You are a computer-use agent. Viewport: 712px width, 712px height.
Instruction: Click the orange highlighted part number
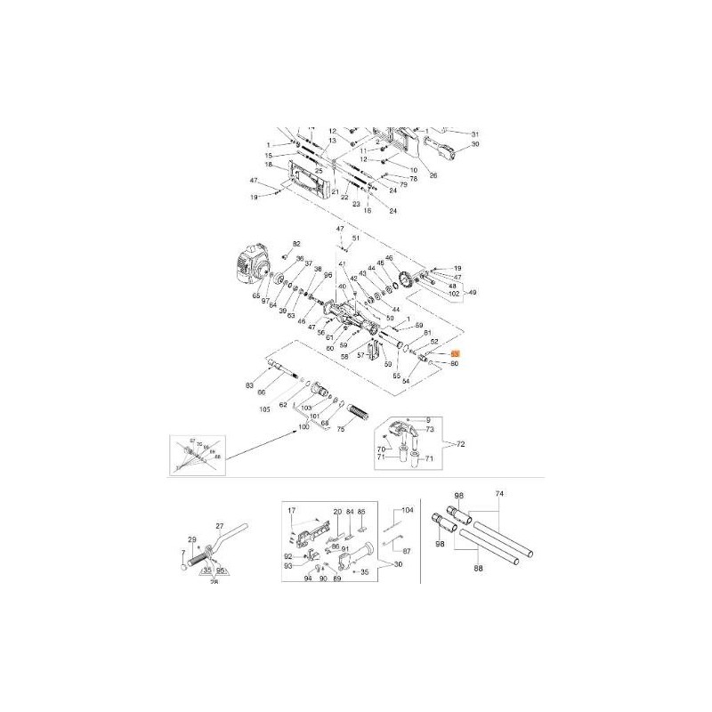coord(455,353)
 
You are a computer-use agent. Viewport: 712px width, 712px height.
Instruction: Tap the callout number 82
coord(297,244)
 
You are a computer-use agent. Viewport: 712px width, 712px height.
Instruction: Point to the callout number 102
coord(453,293)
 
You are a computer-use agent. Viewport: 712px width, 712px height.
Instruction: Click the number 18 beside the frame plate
coord(267,165)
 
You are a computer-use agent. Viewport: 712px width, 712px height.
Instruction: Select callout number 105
coord(264,409)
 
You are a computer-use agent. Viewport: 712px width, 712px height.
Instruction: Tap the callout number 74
coord(499,493)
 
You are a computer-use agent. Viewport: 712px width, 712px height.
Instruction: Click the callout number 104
coord(409,510)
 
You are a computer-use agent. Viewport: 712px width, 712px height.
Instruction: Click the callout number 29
coord(191,539)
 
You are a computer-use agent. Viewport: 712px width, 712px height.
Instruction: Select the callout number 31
coord(474,133)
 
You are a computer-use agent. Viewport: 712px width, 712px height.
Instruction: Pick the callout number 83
coord(250,384)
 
